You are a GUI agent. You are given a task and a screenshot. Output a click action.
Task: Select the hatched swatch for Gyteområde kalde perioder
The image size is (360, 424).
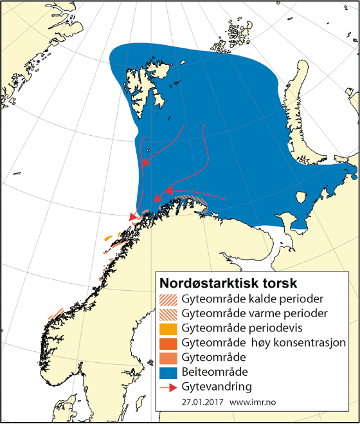click(x=168, y=299)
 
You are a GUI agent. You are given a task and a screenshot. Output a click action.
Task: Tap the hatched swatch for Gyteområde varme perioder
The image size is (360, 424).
click(x=168, y=313)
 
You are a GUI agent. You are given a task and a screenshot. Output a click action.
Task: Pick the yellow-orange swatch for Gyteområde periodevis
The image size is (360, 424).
click(x=168, y=328)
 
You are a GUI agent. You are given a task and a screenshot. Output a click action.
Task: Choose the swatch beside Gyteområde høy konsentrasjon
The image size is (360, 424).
click(x=168, y=342)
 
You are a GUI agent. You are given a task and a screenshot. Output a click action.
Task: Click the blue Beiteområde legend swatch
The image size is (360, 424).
click(x=168, y=372)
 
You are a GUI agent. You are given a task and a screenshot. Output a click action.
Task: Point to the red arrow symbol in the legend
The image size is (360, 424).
click(x=168, y=386)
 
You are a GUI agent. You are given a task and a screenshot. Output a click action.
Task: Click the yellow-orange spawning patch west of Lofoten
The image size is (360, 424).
click(x=109, y=239)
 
